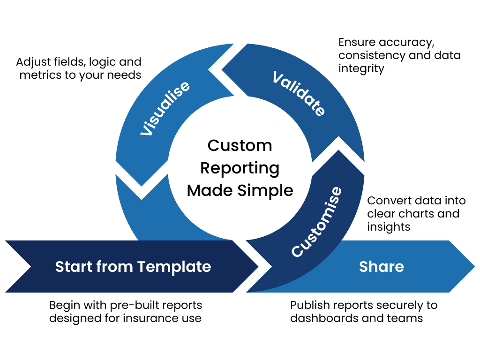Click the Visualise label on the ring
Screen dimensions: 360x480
click(165, 108)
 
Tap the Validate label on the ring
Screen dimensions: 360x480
click(299, 94)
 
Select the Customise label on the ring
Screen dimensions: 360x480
click(317, 222)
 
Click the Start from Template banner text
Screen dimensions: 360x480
click(133, 267)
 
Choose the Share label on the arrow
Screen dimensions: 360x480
click(381, 267)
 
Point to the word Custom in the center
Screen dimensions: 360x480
click(240, 145)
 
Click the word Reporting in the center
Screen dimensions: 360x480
click(240, 168)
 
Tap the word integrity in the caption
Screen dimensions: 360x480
click(361, 68)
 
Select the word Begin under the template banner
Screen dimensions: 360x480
click(65, 305)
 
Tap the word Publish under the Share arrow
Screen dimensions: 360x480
click(308, 305)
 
